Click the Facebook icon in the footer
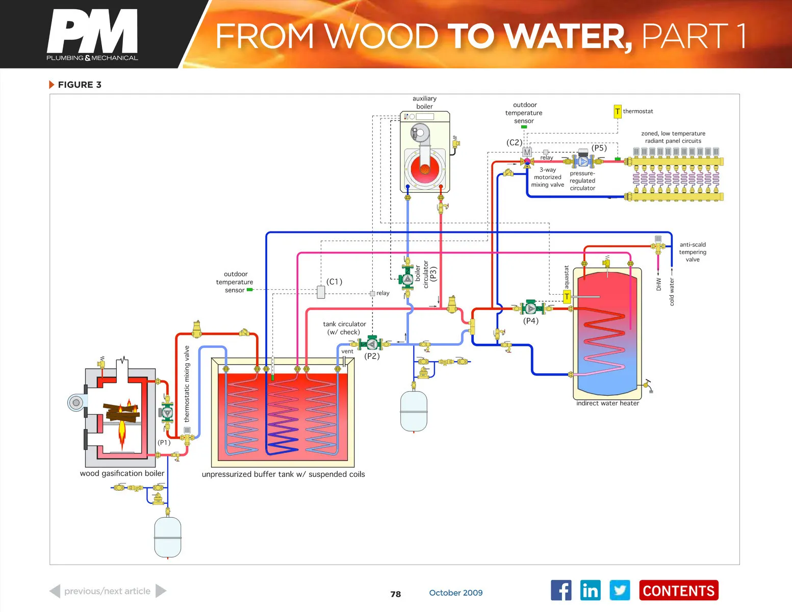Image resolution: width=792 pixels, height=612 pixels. (x=561, y=591)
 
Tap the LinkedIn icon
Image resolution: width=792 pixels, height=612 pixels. (x=590, y=591)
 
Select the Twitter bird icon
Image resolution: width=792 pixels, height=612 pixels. (x=620, y=591)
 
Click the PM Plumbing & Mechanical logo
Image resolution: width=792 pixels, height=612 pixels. (x=92, y=35)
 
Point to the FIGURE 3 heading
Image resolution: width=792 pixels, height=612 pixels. (x=79, y=85)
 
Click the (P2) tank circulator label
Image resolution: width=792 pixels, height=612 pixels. (x=372, y=356)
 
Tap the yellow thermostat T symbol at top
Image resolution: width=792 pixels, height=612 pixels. (x=618, y=111)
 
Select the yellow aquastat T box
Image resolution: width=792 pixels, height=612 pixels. (x=567, y=296)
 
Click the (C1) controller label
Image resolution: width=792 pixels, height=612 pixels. (x=334, y=282)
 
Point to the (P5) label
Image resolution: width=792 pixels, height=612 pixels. (x=599, y=148)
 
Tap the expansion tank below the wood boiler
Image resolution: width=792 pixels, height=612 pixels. (x=168, y=538)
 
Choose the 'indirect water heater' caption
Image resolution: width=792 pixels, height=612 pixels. (x=607, y=403)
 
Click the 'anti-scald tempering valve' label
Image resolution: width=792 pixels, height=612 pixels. (x=693, y=252)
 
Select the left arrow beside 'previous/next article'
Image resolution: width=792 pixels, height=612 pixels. (x=55, y=591)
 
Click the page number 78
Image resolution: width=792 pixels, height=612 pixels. (x=396, y=594)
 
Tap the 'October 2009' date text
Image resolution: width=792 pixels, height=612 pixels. (x=455, y=593)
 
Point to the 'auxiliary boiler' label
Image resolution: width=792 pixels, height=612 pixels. (x=424, y=103)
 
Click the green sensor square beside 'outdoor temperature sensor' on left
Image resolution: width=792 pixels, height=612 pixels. (x=249, y=290)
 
